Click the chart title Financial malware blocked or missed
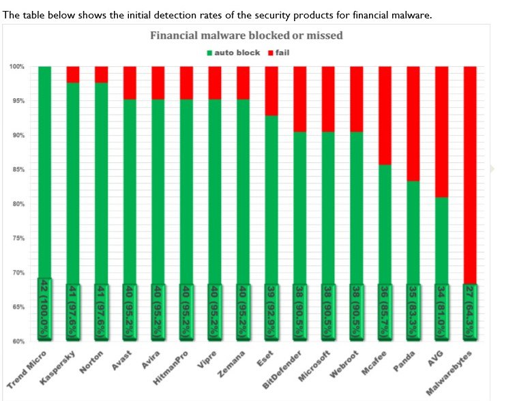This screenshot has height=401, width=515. pos(246,35)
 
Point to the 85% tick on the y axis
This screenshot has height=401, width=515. pos(17,170)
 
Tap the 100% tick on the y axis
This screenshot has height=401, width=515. pos(16,67)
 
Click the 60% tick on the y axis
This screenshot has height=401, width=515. pos(17,341)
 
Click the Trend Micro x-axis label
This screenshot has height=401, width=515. pos(27,368)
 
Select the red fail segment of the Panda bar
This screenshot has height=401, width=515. pos(413,123)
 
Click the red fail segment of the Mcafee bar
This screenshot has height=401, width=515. pos(385,115)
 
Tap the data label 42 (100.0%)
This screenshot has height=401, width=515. pos(44,311)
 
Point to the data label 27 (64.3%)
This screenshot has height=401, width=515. pos(470,311)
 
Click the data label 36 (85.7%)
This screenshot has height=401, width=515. pos(385,311)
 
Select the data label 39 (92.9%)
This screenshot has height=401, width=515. pos(271,311)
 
